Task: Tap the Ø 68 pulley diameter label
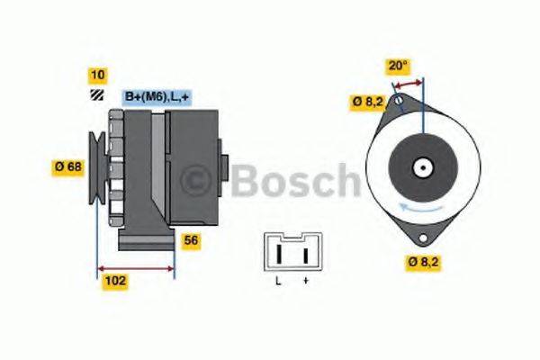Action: click(69, 166)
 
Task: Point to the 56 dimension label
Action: click(191, 240)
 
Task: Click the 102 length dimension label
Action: click(115, 281)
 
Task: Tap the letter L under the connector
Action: click(278, 282)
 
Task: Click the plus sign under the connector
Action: click(305, 282)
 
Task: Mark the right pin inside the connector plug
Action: click(305, 254)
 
